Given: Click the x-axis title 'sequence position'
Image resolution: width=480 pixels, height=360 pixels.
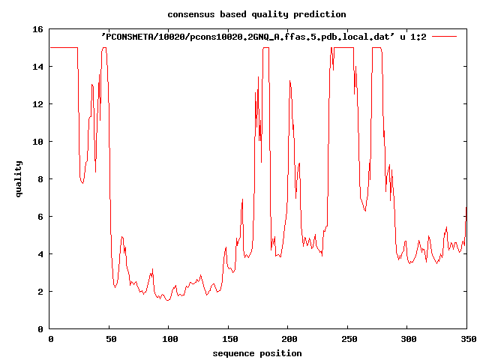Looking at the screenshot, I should click(256, 353).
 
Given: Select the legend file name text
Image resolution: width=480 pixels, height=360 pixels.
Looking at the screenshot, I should click(263, 36).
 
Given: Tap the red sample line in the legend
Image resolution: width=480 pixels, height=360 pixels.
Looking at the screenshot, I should click(445, 36).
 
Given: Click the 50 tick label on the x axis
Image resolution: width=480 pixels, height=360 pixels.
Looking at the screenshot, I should click(109, 339).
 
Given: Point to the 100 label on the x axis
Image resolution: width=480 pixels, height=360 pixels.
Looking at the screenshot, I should click(169, 339).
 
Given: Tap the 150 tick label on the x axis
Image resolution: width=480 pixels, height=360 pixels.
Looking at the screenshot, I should click(229, 339).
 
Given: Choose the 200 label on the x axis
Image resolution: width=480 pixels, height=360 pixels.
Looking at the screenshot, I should click(288, 339).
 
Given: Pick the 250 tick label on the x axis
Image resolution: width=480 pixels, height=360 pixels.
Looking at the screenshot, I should click(348, 339).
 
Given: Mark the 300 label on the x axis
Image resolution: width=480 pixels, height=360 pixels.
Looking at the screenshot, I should click(407, 339).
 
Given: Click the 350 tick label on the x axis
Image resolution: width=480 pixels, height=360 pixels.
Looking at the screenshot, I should click(466, 339).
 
